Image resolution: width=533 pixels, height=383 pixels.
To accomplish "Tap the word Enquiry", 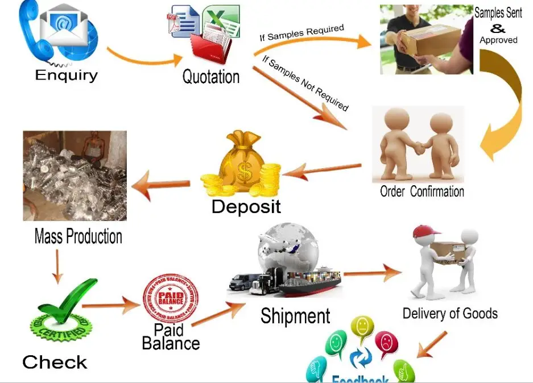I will pyautogui.click(x=66, y=75).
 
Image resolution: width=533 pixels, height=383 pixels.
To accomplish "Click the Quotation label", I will pyautogui.click(x=210, y=77).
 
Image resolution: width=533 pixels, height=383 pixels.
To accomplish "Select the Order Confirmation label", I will pyautogui.click(x=422, y=191).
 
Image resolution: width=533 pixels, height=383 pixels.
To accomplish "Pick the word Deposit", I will pyautogui.click(x=246, y=206).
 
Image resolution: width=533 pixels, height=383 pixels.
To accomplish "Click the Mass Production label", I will pyautogui.click(x=78, y=236).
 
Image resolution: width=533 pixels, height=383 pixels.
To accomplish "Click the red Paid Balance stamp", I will pyautogui.click(x=171, y=298).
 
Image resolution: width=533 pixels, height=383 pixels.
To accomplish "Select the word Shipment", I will pyautogui.click(x=295, y=316).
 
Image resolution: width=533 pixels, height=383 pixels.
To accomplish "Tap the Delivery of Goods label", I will pyautogui.click(x=449, y=313).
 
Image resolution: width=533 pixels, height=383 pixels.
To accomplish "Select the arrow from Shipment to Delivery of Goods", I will pyautogui.click(x=373, y=273).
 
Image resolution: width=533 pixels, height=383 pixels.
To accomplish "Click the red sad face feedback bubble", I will pyautogui.click(x=387, y=344).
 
